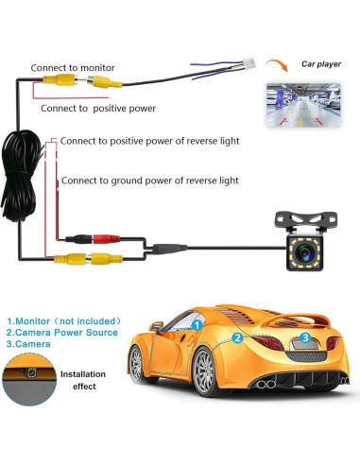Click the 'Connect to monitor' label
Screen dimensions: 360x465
72,68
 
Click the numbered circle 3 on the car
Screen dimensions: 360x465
304,337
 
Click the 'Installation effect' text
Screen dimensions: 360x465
82,381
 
